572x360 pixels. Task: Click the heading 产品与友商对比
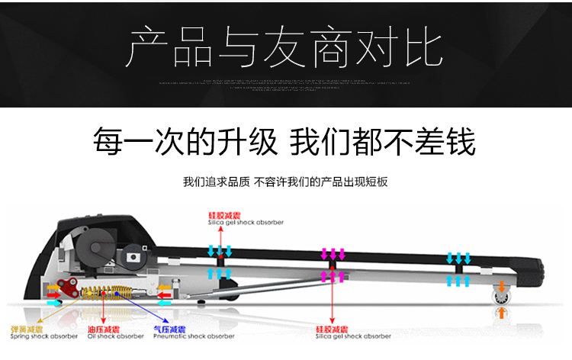286,47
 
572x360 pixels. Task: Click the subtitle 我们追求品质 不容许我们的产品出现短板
286,182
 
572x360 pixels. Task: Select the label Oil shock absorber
115,336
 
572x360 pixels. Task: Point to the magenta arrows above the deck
333,254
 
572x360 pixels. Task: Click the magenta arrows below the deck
333,275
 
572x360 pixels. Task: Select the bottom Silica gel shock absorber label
352,336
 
